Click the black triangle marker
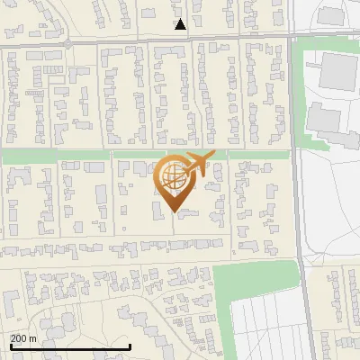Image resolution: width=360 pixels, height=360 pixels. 181,24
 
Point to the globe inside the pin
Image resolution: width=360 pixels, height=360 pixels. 172,175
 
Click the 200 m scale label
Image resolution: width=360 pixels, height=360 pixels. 24,338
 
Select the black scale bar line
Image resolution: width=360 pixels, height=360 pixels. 70,346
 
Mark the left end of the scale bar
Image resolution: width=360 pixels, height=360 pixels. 10,346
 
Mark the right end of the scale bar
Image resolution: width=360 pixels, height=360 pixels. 130,346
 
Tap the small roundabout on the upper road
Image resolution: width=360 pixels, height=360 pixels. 67,42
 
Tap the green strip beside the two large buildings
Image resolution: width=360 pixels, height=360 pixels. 301,90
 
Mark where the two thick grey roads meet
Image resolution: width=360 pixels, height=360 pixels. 294,37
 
